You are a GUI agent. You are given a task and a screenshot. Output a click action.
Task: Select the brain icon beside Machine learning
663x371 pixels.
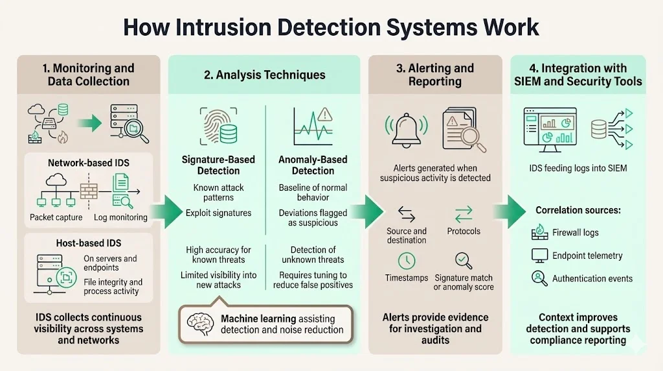click(201, 323)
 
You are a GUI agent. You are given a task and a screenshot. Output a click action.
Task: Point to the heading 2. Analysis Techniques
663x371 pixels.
click(264, 75)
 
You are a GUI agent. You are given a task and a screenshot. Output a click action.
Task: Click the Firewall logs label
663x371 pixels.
click(575, 232)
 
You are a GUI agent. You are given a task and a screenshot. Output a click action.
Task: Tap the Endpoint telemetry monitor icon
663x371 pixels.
click(539, 255)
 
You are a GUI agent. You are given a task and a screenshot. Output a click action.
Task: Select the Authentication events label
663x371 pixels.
click(592, 278)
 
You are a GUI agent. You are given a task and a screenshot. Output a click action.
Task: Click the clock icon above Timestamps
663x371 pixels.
click(406, 261)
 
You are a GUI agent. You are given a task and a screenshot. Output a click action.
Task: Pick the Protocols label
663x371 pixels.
click(464, 231)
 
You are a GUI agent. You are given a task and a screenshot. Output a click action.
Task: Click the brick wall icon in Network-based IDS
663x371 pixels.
click(89, 191)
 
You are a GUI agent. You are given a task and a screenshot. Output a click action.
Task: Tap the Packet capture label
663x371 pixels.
click(56, 217)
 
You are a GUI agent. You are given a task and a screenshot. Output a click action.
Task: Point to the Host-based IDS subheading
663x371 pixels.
click(89, 243)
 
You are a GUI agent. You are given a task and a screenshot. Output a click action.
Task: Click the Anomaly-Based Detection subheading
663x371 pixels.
click(313, 165)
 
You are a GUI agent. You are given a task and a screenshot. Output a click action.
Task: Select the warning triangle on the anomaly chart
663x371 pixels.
click(324, 114)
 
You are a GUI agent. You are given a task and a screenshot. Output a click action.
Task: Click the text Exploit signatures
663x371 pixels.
click(218, 213)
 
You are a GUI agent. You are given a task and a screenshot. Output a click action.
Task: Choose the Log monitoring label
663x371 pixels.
click(120, 217)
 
